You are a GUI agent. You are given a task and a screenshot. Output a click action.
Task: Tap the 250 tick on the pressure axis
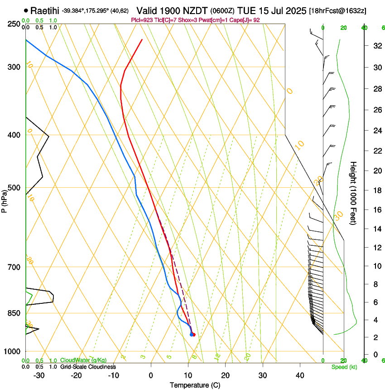point(14,24)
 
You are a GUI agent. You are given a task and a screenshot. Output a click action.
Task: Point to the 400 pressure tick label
point(14,135)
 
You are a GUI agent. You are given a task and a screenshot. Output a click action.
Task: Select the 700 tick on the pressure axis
point(14,267)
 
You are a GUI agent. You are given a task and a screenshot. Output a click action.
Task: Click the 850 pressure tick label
point(14,313)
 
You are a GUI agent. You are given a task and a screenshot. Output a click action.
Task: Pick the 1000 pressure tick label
point(12,351)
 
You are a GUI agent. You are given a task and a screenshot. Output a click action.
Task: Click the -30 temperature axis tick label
point(39,375)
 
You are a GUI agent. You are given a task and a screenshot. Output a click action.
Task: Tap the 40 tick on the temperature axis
point(299,375)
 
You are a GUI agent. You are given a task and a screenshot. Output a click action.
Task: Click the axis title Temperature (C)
point(195,385)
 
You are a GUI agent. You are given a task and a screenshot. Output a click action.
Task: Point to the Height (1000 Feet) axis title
point(354,193)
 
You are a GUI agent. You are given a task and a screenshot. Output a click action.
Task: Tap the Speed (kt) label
point(344,366)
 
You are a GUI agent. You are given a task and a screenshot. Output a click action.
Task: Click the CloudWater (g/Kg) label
point(81,361)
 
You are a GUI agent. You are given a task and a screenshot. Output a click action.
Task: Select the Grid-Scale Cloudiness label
point(87,366)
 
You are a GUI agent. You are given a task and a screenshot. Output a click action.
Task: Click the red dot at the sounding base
point(193,335)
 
